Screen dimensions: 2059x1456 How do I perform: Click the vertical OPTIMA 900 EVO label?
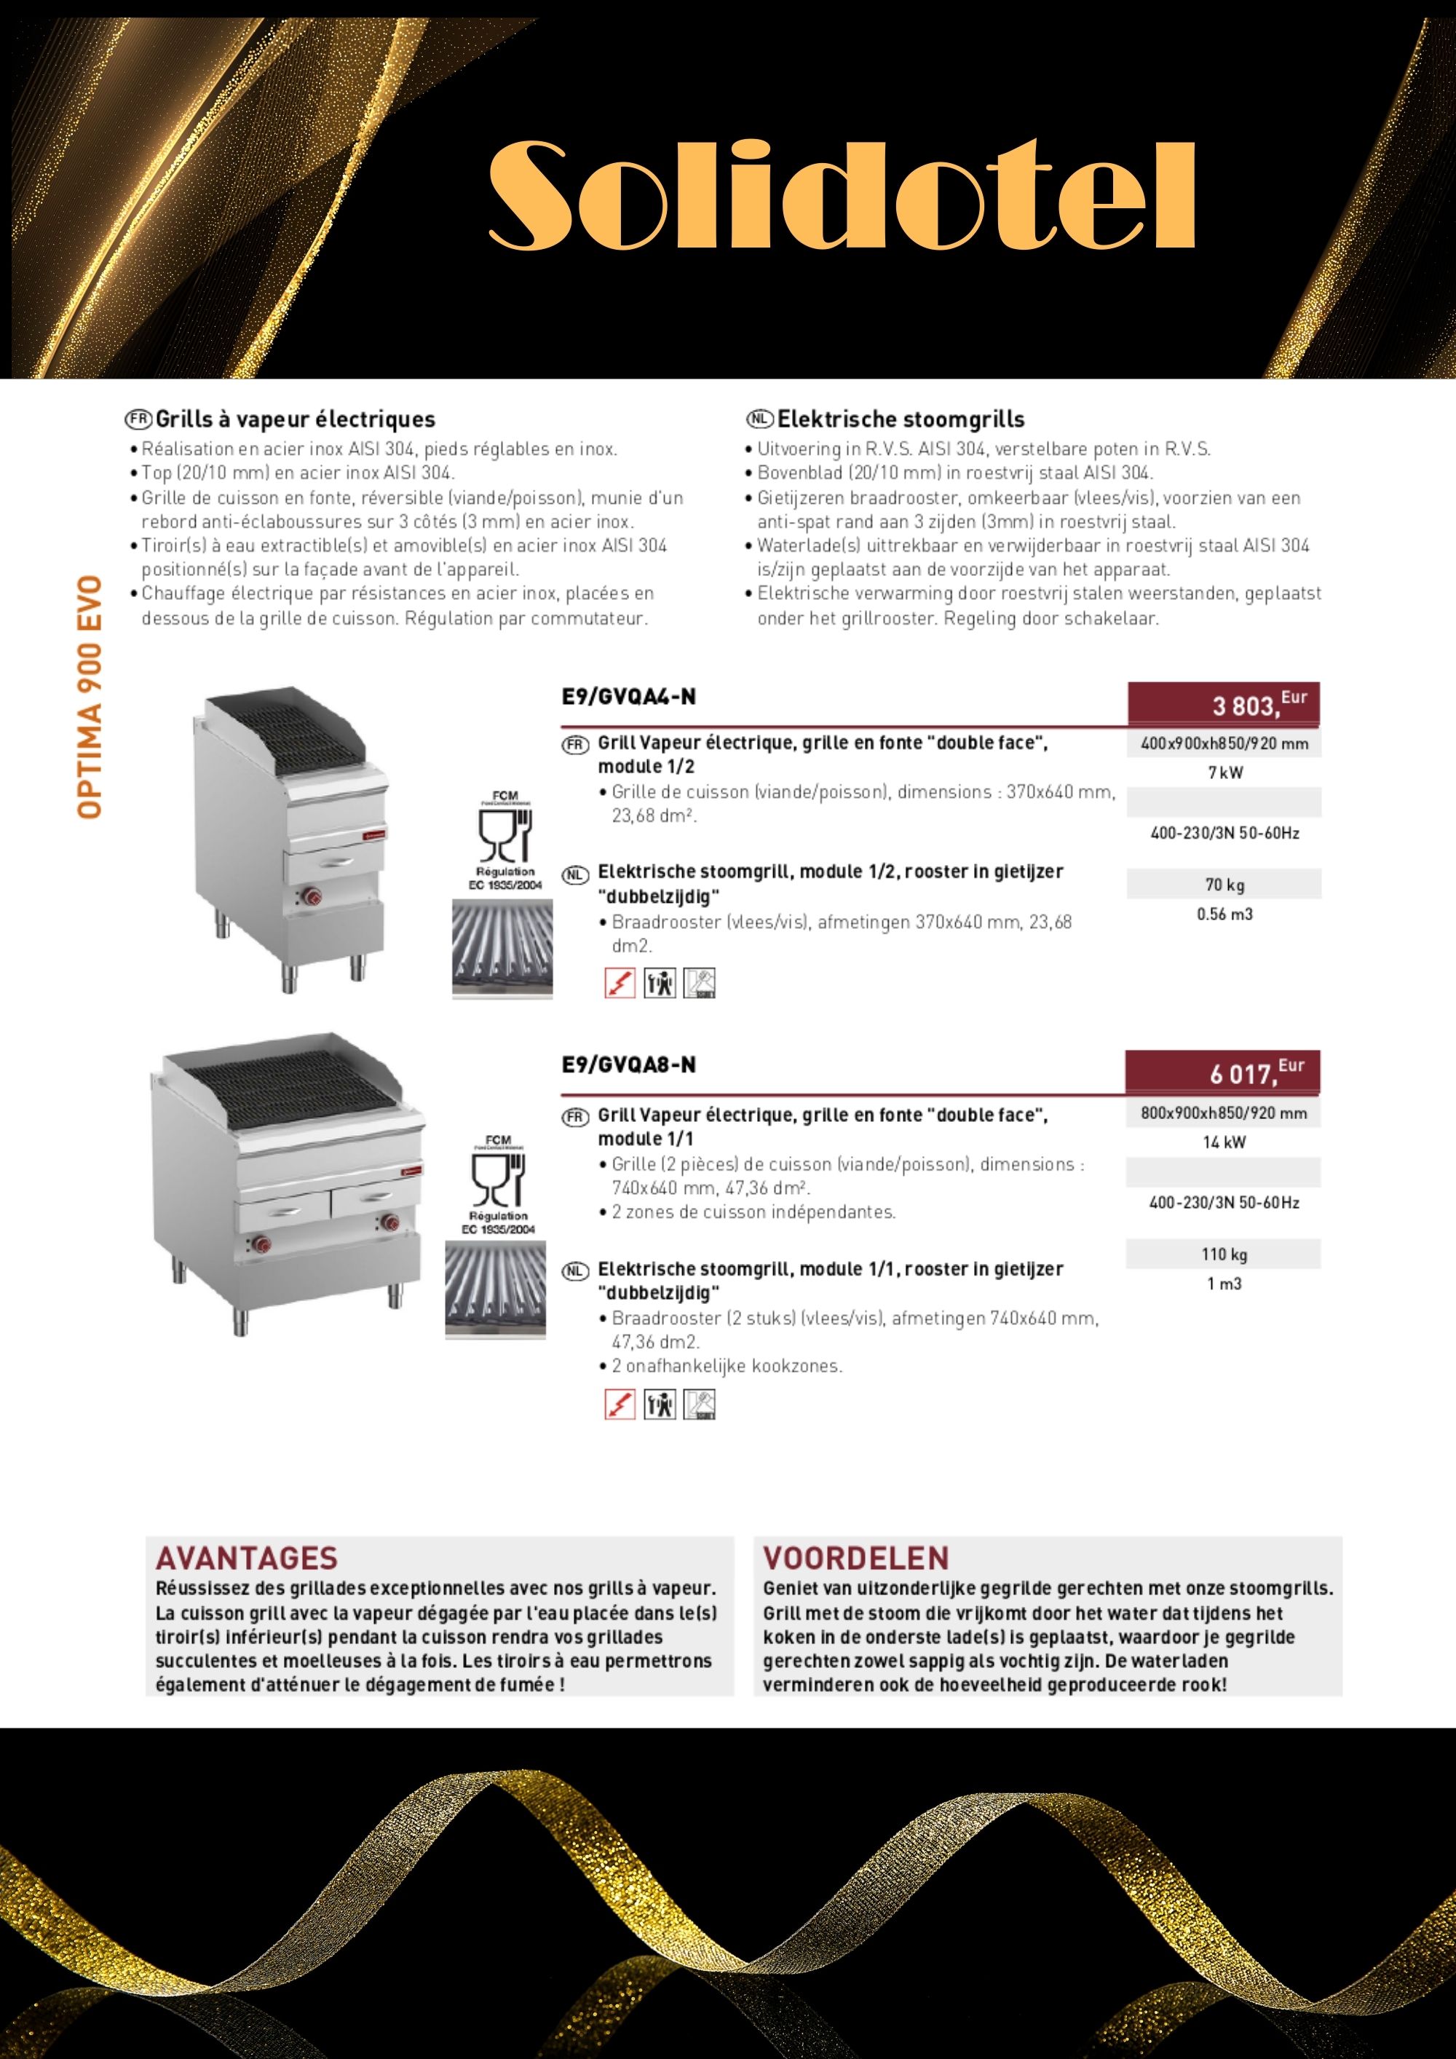[x=90, y=697]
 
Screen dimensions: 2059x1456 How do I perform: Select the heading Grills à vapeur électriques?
[x=295, y=419]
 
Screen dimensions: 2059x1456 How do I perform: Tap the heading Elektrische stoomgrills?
[x=900, y=419]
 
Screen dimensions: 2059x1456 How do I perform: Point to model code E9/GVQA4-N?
[x=628, y=697]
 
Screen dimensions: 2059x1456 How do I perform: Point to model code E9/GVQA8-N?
[x=628, y=1064]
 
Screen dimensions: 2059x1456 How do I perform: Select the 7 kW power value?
[x=1224, y=772]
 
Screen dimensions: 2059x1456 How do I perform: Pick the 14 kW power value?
[x=1224, y=1142]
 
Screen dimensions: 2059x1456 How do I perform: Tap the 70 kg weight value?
[x=1224, y=884]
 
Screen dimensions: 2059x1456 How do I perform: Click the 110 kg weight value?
[x=1224, y=1254]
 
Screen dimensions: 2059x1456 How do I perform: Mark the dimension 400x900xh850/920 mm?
[x=1224, y=743]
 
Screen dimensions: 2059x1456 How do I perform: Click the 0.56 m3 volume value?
[x=1224, y=914]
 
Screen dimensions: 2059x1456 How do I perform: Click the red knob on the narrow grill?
[x=313, y=896]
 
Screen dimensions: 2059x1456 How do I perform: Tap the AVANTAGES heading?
[x=247, y=1557]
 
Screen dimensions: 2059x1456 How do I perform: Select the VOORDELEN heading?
[x=855, y=1557]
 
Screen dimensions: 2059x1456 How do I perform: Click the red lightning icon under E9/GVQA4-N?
[x=620, y=983]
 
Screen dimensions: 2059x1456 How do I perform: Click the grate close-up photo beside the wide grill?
[x=495, y=1289]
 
